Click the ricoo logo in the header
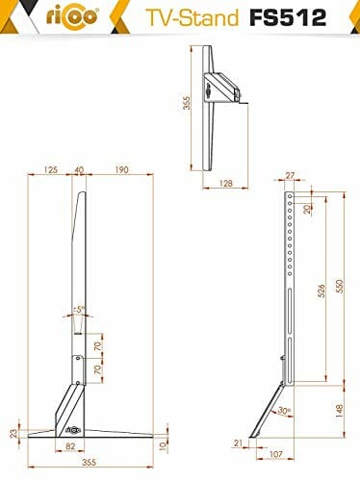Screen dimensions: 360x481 click(x=72, y=16)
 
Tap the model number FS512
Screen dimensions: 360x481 click(x=288, y=17)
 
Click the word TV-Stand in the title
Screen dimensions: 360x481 click(x=193, y=17)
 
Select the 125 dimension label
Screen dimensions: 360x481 click(x=50, y=169)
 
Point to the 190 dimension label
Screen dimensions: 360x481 click(x=122, y=169)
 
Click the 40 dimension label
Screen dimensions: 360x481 click(x=79, y=169)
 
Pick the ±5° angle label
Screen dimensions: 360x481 click(x=79, y=310)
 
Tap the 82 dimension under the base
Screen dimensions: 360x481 click(x=70, y=446)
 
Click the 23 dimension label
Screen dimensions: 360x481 click(x=13, y=433)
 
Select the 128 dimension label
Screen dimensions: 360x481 click(x=226, y=183)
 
